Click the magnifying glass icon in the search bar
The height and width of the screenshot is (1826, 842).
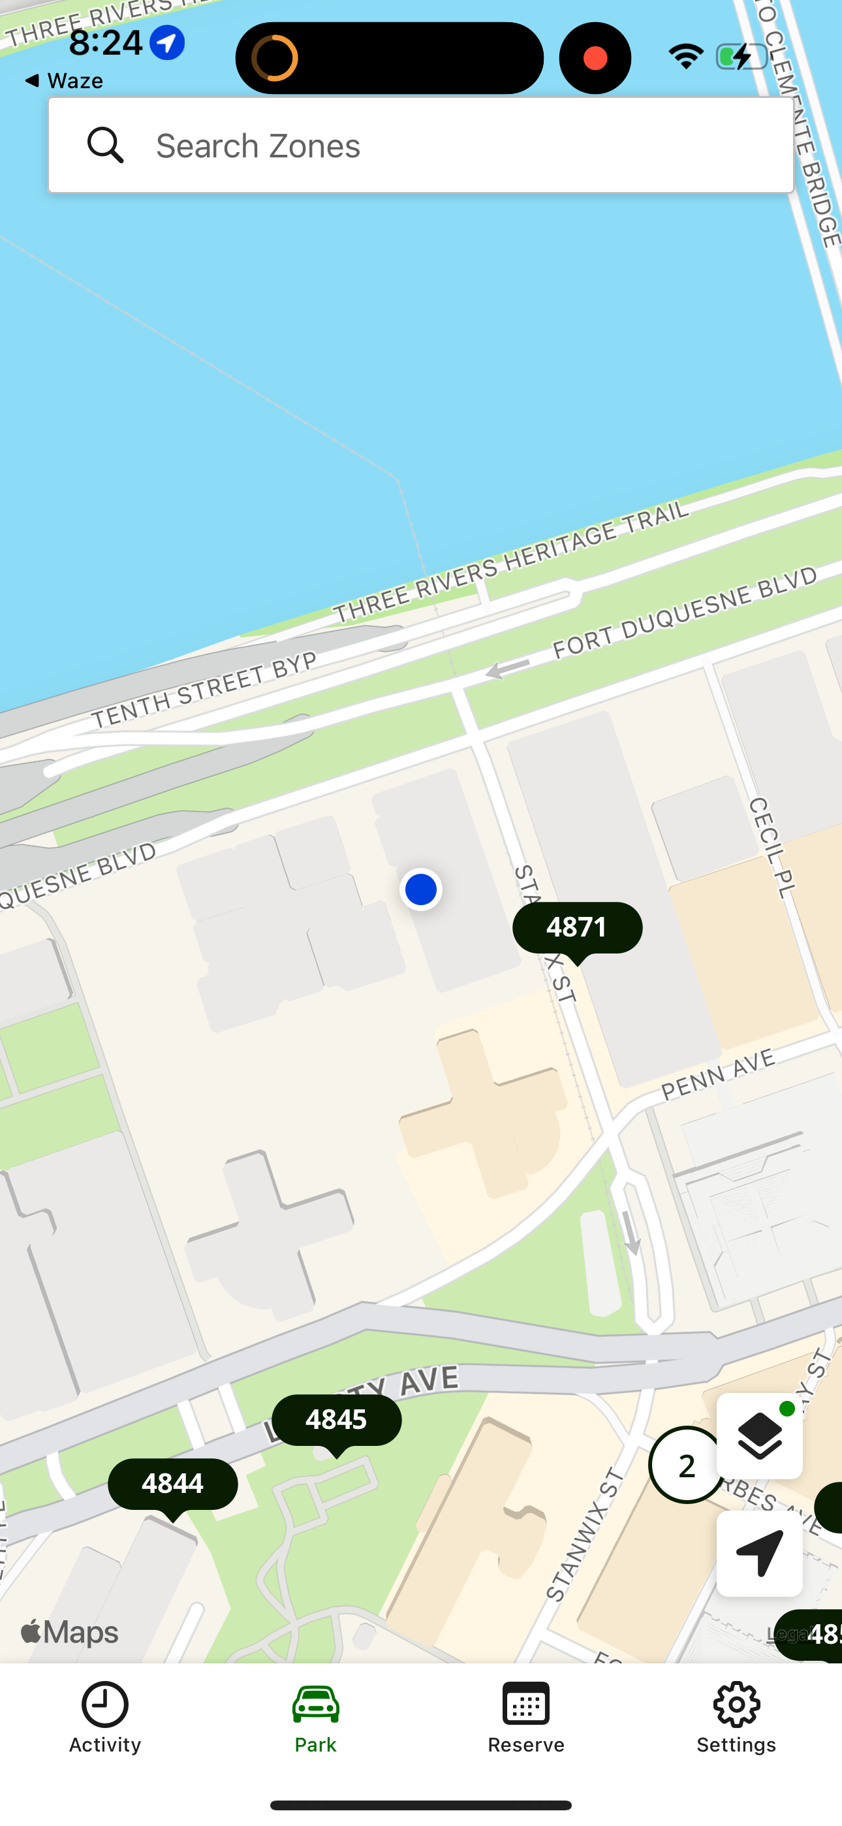(105, 146)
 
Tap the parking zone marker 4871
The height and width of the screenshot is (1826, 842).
(577, 928)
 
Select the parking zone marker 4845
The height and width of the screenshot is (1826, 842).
(337, 1420)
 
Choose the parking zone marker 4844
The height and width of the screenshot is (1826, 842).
(172, 1484)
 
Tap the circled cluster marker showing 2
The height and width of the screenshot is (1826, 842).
(685, 1466)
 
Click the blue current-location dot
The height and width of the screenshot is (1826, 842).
(421, 889)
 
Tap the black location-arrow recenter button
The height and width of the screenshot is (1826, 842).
(759, 1553)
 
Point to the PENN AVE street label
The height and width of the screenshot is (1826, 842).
(718, 1074)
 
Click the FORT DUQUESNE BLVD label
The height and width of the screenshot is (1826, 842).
(685, 612)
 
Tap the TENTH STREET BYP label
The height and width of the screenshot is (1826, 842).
(204, 690)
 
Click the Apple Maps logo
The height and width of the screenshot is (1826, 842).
(69, 1633)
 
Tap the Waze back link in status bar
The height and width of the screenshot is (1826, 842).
(64, 81)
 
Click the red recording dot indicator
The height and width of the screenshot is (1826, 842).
(595, 58)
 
